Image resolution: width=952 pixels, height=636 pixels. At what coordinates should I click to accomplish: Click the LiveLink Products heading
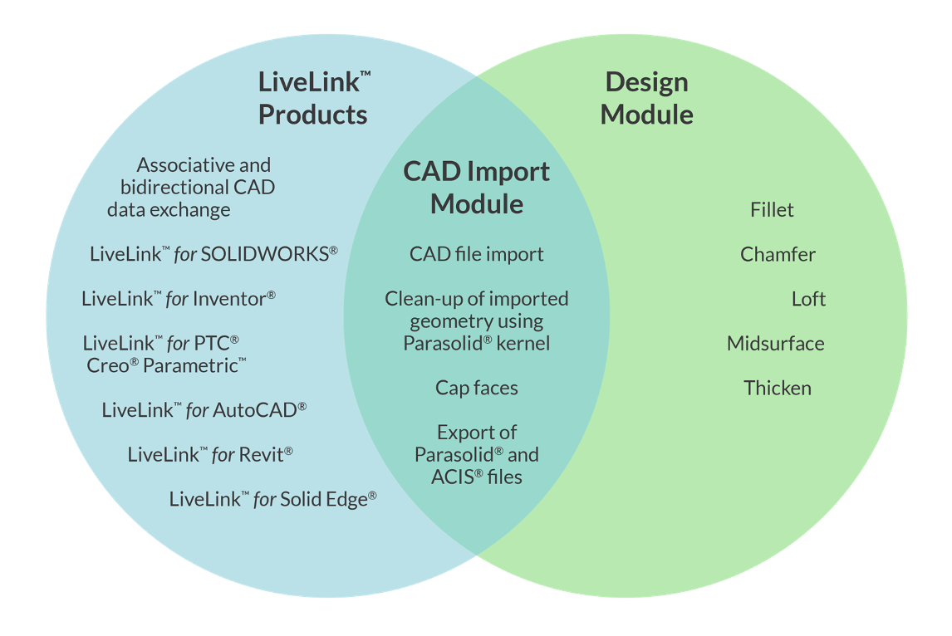tap(314, 98)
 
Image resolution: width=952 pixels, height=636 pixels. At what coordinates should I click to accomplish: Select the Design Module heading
tap(646, 98)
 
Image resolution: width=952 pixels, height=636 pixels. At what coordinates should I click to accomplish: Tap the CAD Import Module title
tap(477, 187)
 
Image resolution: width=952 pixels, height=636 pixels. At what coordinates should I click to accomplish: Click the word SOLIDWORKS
tap(264, 254)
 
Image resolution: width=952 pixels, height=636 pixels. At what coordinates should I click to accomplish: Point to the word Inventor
tap(229, 299)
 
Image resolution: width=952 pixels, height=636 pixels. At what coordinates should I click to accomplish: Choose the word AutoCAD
tap(255, 410)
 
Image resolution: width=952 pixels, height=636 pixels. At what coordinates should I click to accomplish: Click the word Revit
tap(262, 455)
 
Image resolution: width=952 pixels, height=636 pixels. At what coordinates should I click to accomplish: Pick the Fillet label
tap(772, 210)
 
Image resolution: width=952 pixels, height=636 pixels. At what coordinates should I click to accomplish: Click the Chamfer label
tap(778, 255)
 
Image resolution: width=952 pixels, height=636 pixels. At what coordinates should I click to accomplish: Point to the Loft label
tap(808, 300)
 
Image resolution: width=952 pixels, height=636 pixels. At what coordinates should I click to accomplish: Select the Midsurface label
tap(775, 344)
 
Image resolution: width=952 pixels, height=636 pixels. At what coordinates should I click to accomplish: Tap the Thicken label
tap(778, 389)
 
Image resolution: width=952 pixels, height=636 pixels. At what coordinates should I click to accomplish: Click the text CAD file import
tap(477, 254)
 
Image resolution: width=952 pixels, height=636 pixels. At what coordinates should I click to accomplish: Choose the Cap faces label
tap(477, 389)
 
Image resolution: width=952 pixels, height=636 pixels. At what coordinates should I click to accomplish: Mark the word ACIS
tap(452, 477)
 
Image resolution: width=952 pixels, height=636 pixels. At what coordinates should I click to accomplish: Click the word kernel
tap(523, 343)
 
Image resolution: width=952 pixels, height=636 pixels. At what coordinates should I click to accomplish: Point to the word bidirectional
tap(173, 188)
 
